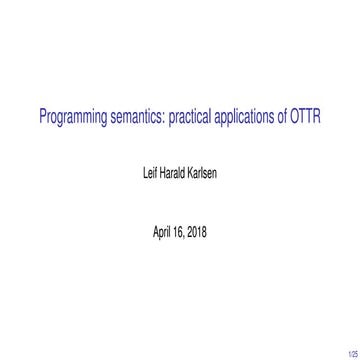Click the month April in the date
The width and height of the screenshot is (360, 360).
pyautogui.click(x=162, y=232)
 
